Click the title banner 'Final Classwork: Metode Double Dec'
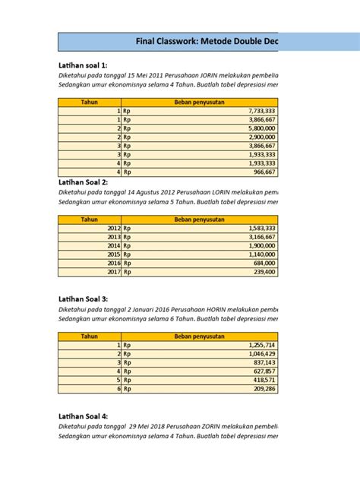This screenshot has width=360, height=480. click(x=205, y=42)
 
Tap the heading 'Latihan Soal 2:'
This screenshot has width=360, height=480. click(x=83, y=182)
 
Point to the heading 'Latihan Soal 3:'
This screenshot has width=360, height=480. click(x=83, y=299)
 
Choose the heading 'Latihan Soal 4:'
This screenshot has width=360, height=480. click(x=83, y=416)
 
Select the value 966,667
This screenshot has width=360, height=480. click(x=263, y=172)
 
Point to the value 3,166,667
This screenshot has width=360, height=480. click(x=260, y=237)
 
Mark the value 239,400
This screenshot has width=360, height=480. click(x=263, y=272)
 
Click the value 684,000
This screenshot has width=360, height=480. click(x=263, y=263)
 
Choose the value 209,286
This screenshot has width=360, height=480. click(x=263, y=389)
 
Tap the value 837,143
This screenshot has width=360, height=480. click(x=263, y=362)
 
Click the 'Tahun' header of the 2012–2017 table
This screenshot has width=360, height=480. click(x=90, y=219)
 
